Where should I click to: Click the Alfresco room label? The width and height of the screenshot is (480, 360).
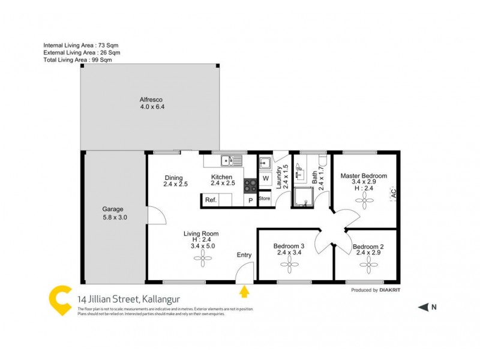[x=151, y=99]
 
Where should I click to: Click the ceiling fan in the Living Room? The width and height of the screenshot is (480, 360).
[x=202, y=257]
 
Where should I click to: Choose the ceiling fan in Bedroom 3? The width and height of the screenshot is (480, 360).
[x=290, y=268]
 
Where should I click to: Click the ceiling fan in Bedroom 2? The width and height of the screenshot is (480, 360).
[x=368, y=268]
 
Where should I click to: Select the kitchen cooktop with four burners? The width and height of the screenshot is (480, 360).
[x=250, y=185]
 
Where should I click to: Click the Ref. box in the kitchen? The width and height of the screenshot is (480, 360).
[x=211, y=200]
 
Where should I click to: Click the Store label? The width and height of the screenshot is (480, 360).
[x=265, y=198]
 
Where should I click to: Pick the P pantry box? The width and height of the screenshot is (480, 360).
[x=250, y=200]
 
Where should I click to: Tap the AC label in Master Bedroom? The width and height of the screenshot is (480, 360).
[x=394, y=194]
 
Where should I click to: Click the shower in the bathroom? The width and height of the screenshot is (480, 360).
[x=302, y=196]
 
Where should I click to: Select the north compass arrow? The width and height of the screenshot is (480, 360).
[x=424, y=307]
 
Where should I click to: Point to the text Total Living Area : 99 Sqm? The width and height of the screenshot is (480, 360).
[x=77, y=59]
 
